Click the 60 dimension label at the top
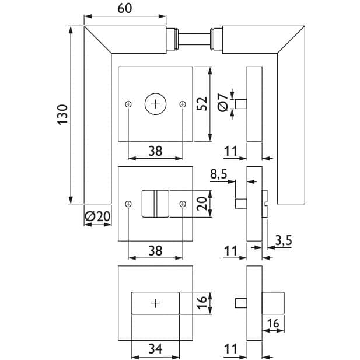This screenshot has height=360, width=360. (125, 8)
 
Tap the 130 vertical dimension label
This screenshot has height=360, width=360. (62, 114)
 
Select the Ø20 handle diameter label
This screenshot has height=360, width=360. (97, 216)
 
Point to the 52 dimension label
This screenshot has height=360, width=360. (202, 104)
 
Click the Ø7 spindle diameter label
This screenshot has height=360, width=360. (222, 103)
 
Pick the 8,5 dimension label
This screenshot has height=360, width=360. (219, 174)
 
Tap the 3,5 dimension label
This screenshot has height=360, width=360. (284, 240)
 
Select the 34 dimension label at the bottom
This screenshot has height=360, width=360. (155, 348)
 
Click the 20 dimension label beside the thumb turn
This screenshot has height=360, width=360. (202, 204)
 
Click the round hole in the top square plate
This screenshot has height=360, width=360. (155, 104)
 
